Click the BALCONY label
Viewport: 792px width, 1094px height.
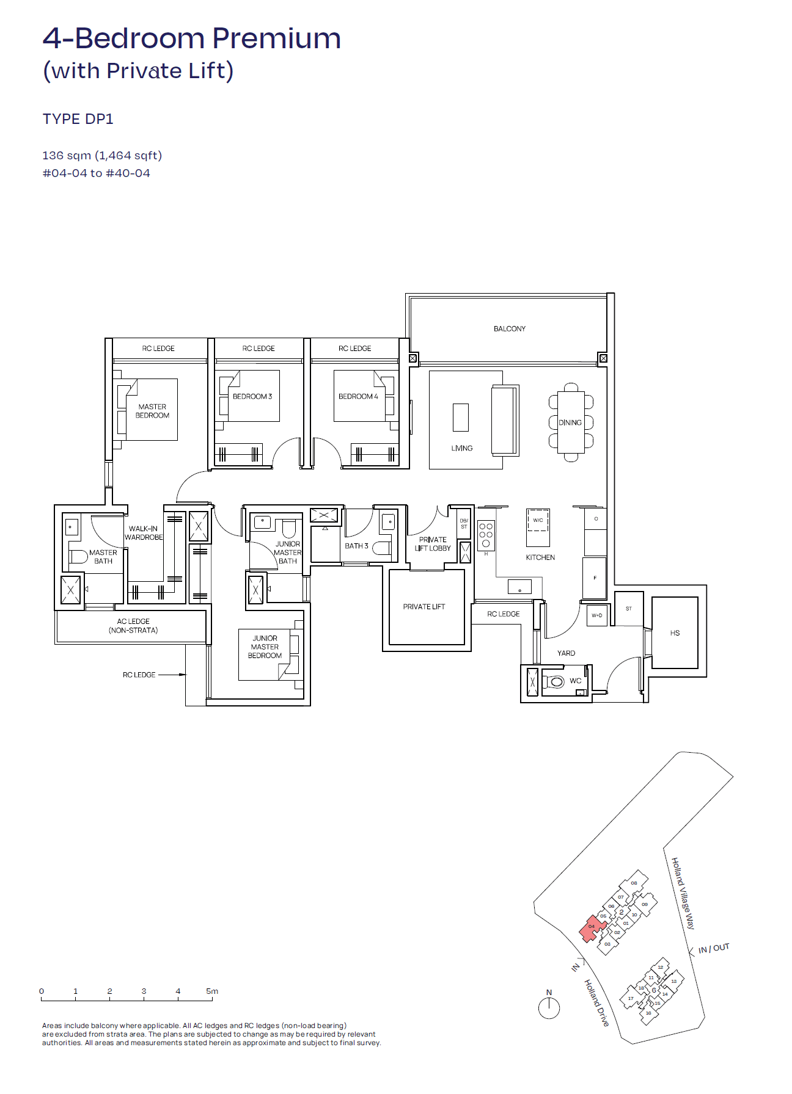coord(509,328)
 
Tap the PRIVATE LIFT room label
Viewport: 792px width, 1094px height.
coord(424,606)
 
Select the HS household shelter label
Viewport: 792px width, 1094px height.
coord(675,632)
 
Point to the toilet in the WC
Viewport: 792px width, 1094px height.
coord(555,681)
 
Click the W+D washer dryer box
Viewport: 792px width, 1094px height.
coord(596,615)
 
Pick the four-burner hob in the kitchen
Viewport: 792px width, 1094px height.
coord(486,535)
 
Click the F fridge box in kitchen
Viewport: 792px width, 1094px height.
coord(595,577)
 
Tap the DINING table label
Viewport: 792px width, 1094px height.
coord(570,422)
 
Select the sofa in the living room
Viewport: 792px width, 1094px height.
coord(504,421)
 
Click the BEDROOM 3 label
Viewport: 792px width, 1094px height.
coord(252,396)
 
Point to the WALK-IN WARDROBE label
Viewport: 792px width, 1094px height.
coord(144,533)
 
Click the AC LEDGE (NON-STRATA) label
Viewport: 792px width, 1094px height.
coord(133,626)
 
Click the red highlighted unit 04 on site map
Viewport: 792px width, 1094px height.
coord(591,927)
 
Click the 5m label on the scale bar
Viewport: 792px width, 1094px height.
coord(211,991)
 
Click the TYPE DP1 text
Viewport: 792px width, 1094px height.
coord(78,119)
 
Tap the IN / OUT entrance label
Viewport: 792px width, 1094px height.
coord(713,948)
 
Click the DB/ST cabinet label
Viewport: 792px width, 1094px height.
coord(464,523)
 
